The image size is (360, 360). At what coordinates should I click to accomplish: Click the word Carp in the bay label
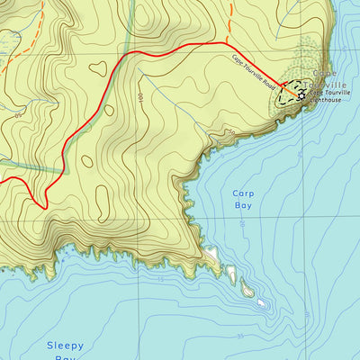coord(244,193)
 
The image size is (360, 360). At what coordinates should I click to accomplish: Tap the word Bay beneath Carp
coord(243,205)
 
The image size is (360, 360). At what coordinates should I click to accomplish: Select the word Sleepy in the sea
coord(65,346)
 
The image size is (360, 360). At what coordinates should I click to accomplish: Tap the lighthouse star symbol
coord(301,93)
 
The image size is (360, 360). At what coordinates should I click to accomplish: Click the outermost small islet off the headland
coord(261,303)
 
